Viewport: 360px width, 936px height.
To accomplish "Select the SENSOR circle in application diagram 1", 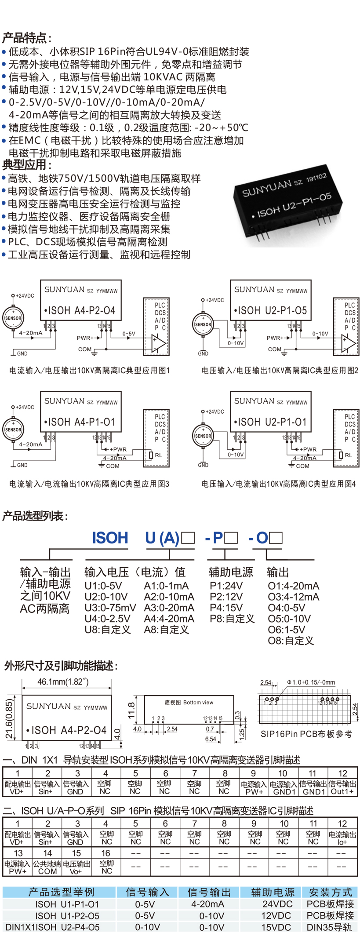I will tap(13, 318).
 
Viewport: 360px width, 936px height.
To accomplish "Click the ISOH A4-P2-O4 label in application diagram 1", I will tap(81, 311).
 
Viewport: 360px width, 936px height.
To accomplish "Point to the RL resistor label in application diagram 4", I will tap(348, 455).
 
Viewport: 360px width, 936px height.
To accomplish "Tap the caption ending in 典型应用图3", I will tap(89, 484).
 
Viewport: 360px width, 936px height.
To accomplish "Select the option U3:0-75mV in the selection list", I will tap(110, 608).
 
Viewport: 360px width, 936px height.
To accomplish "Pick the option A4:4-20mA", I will tap(169, 619).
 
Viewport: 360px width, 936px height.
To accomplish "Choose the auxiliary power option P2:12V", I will tap(226, 597).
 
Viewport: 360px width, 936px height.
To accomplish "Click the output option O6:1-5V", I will tap(286, 630).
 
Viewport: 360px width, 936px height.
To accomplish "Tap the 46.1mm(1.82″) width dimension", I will tap(63, 681).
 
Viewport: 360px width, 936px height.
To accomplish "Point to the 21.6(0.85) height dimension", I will tap(9, 718).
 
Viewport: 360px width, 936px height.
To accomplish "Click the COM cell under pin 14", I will tap(47, 871).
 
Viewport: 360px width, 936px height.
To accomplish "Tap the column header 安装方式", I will tap(331, 892).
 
